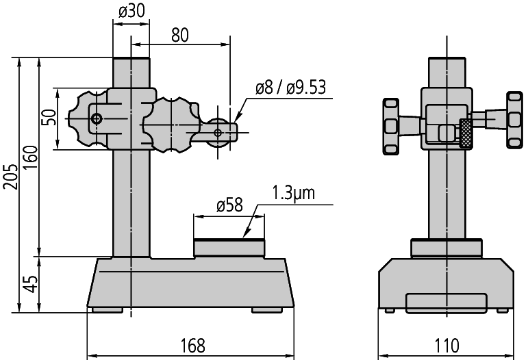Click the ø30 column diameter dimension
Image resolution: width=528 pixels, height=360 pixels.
(x=131, y=12)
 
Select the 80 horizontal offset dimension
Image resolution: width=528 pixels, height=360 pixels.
(x=180, y=35)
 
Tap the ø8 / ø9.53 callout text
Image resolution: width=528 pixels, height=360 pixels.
(x=290, y=88)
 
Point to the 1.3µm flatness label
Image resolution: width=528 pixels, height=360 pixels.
(x=293, y=193)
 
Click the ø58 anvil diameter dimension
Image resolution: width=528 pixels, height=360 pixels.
(x=229, y=205)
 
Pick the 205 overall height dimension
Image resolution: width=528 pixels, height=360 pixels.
(x=11, y=177)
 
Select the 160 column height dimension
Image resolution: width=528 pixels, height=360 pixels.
(x=31, y=157)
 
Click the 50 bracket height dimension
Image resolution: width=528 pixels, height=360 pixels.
(x=50, y=117)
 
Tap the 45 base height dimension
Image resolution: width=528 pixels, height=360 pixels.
(x=31, y=284)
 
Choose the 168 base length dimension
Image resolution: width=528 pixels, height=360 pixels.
(x=192, y=346)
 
